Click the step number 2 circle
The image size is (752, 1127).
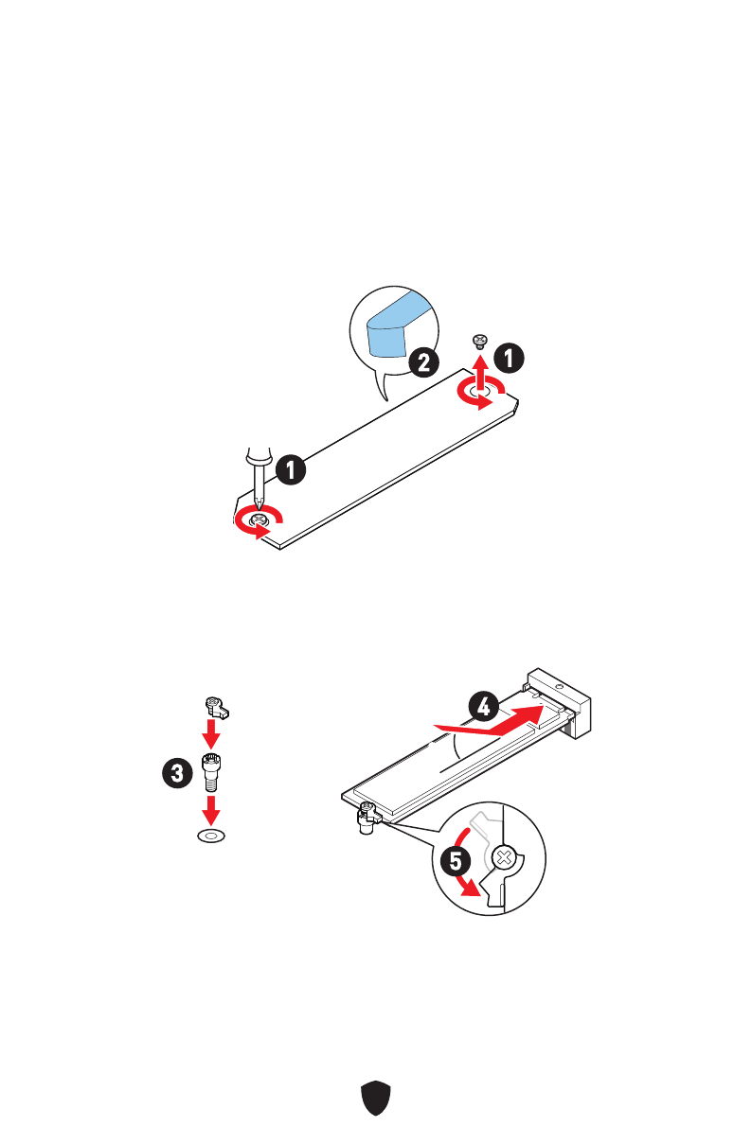pos(422,363)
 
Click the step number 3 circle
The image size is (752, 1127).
pos(174,772)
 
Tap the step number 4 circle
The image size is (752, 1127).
pos(483,706)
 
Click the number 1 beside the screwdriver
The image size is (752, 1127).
pos(290,468)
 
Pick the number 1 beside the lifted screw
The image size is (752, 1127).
pos(510,359)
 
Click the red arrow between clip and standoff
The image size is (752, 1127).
pos(212,733)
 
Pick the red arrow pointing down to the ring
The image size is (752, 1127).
pos(211,809)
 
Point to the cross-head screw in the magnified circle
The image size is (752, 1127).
pos(507,859)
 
